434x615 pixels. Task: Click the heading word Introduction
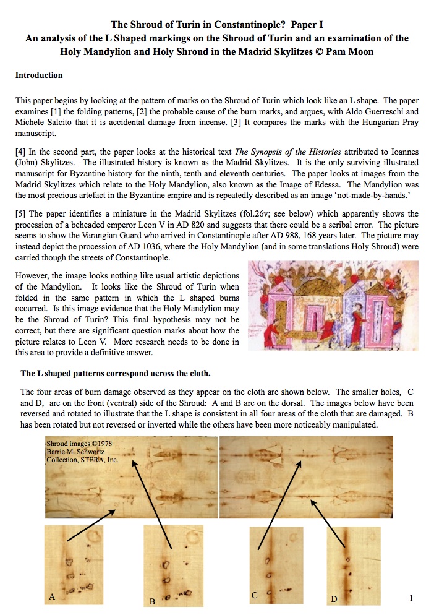39,75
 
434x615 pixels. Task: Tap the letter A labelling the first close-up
53,596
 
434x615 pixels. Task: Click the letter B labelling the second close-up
152,601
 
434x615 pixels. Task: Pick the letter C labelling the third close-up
254,595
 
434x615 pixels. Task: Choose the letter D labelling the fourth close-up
334,598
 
